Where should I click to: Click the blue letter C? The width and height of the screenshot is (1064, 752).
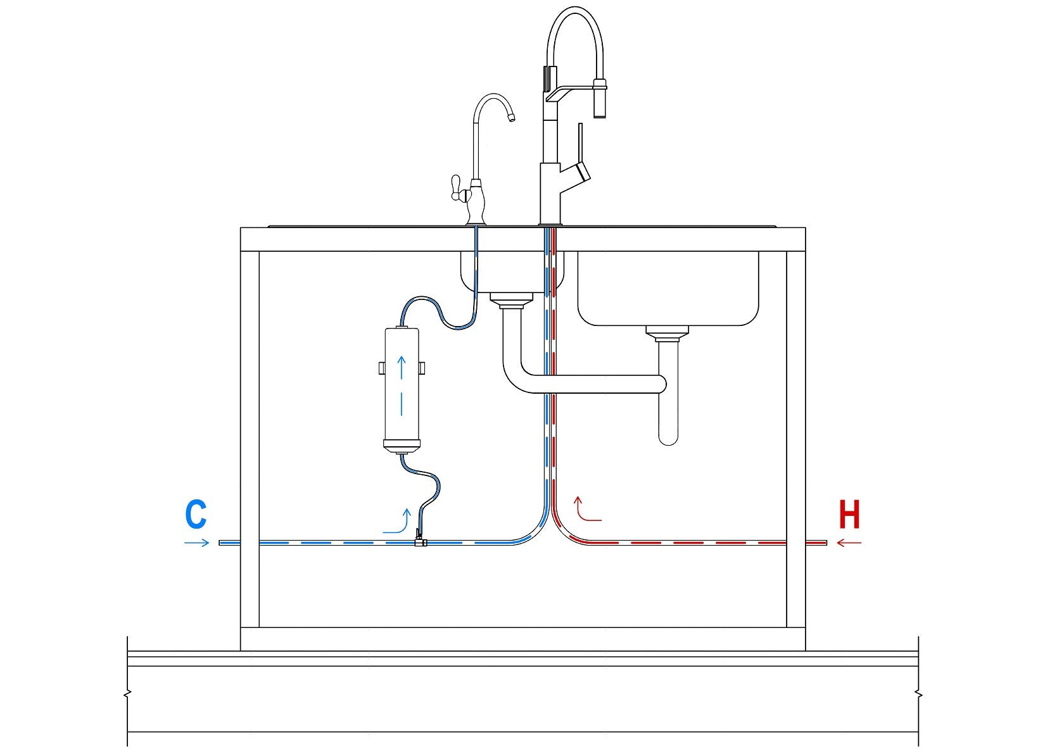click(x=196, y=515)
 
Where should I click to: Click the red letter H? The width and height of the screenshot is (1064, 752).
click(x=849, y=515)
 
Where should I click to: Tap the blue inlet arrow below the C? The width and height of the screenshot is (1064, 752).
click(x=196, y=542)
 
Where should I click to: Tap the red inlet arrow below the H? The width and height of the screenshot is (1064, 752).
click(x=849, y=542)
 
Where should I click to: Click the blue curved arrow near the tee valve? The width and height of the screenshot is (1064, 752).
click(x=399, y=522)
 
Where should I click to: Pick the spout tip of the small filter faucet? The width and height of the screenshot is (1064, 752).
click(x=512, y=116)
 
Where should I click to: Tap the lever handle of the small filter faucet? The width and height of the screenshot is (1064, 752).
click(x=455, y=188)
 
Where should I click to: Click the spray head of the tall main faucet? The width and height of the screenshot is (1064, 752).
click(x=599, y=98)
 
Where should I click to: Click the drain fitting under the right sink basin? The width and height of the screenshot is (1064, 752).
click(x=667, y=333)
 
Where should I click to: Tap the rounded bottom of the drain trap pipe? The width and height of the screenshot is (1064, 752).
click(x=668, y=437)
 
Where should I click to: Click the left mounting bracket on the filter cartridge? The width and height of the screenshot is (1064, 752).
click(x=381, y=368)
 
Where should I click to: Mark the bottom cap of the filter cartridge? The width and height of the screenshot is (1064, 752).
click(x=402, y=447)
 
